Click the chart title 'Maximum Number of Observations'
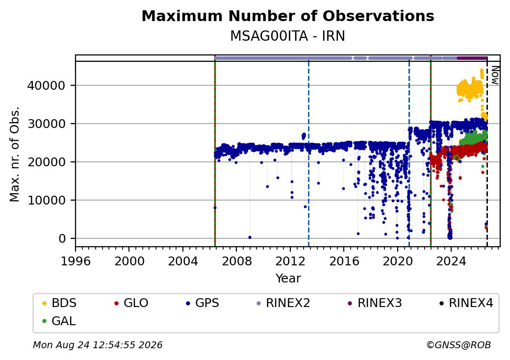pyautogui.click(x=288, y=16)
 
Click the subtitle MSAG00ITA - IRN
pyautogui.click(x=288, y=36)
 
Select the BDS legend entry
pyautogui.click(x=59, y=303)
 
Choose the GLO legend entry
pyautogui.click(x=131, y=303)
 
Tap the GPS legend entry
pyautogui.click(x=203, y=303)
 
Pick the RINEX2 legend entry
pyautogui.click(x=283, y=303)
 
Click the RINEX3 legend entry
pyautogui.click(x=375, y=303)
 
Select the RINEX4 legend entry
pyautogui.click(x=466, y=303)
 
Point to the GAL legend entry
pyautogui.click(x=59, y=321)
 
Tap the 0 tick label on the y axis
pyautogui.click(x=62, y=239)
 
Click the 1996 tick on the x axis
pyautogui.click(x=76, y=261)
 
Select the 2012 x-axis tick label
pyautogui.click(x=290, y=261)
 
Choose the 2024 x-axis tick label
pyautogui.click(x=451, y=261)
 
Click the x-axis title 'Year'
pyautogui.click(x=288, y=279)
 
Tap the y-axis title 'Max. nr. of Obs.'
pyautogui.click(x=15, y=154)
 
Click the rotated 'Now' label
pyautogui.click(x=495, y=75)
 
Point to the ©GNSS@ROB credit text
pyautogui.click(x=459, y=345)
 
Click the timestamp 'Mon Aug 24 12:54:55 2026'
pyautogui.click(x=98, y=345)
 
